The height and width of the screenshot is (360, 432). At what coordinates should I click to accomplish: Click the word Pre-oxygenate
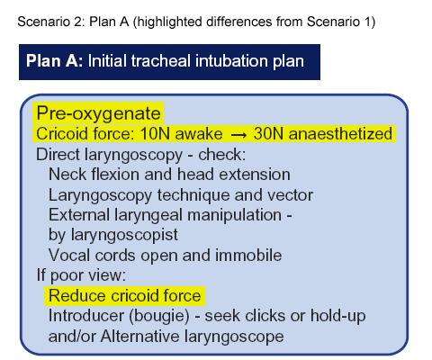pyautogui.click(x=98, y=113)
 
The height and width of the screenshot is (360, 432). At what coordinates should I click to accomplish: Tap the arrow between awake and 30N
pyautogui.click(x=238, y=135)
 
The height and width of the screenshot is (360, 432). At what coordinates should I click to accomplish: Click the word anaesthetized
pyautogui.click(x=340, y=133)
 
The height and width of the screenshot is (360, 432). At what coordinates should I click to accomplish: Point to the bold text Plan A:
pyautogui.click(x=54, y=61)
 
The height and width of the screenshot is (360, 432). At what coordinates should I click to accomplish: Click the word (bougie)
pyautogui.click(x=159, y=316)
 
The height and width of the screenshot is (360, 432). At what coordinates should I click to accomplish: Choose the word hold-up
pyautogui.click(x=337, y=316)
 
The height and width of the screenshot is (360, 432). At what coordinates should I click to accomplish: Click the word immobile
pyautogui.click(x=248, y=256)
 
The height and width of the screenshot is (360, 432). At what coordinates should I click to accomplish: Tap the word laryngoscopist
pyautogui.click(x=124, y=235)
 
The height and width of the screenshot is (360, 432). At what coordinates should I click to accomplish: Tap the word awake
pyautogui.click(x=199, y=134)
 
